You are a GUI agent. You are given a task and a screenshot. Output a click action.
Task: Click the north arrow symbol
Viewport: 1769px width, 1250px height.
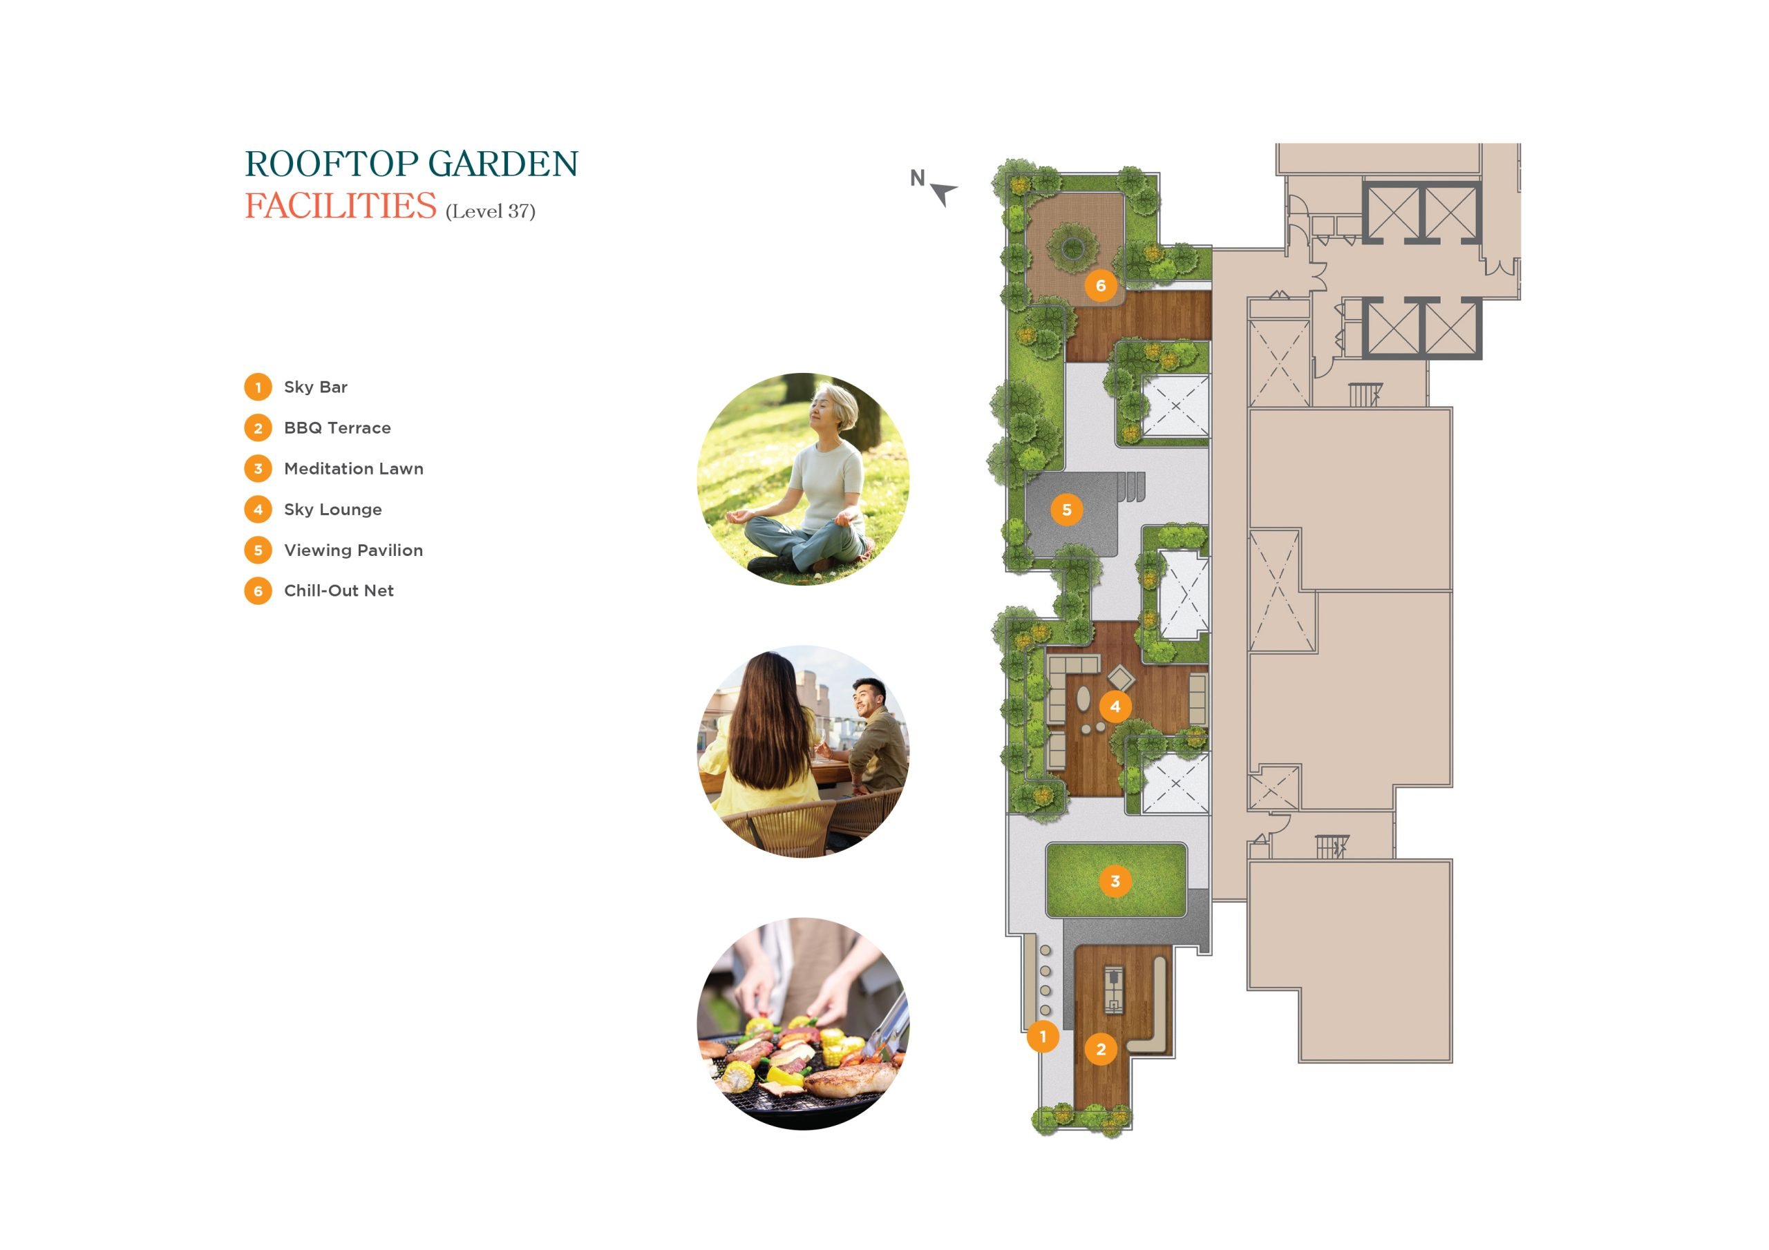click(x=943, y=193)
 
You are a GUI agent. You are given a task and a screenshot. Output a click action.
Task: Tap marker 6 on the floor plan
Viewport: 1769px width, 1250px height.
click(x=1100, y=286)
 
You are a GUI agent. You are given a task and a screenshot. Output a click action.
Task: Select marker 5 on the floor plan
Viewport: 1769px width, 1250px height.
click(x=1066, y=510)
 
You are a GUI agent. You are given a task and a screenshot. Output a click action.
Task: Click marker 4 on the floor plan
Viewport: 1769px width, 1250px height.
click(x=1115, y=706)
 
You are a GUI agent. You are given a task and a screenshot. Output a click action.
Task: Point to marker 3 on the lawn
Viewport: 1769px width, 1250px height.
click(x=1115, y=881)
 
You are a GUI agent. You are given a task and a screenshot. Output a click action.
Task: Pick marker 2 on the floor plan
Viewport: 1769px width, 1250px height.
click(x=1100, y=1049)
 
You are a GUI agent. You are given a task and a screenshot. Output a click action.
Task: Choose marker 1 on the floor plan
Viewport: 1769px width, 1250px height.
click(x=1043, y=1037)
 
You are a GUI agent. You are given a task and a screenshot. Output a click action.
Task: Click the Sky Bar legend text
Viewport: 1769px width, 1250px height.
click(x=316, y=387)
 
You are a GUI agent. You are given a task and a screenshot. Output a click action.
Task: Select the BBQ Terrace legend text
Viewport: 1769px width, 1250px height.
click(x=337, y=427)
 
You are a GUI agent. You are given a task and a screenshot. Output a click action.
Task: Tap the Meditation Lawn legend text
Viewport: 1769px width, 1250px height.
click(x=354, y=468)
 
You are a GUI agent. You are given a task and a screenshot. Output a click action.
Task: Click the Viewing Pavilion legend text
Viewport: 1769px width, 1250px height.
click(x=354, y=550)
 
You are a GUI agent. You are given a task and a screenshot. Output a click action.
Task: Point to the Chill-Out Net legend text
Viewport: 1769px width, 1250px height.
click(x=339, y=590)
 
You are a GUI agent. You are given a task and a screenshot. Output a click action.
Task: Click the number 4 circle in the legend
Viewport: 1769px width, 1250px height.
click(x=258, y=509)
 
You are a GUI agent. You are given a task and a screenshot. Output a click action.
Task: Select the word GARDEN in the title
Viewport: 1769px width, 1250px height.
click(x=503, y=164)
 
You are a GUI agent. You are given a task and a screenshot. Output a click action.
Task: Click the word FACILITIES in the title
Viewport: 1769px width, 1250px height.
click(x=341, y=206)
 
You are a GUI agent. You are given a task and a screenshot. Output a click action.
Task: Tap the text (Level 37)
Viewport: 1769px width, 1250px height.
click(x=491, y=211)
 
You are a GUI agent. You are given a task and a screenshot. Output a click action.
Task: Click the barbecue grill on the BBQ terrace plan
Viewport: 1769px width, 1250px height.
click(x=1113, y=989)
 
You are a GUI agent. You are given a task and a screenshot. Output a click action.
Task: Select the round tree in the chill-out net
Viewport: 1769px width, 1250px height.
click(x=1073, y=248)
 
